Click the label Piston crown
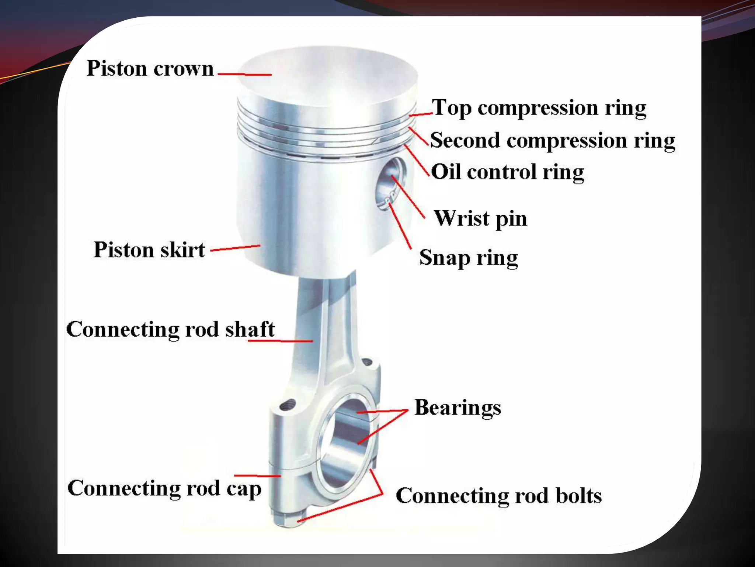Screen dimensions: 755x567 [x=150, y=69]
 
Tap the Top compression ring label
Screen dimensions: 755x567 [x=539, y=108]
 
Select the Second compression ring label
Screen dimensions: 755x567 [x=552, y=141]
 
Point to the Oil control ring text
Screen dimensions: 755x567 [x=507, y=172]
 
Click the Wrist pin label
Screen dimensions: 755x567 [x=480, y=218]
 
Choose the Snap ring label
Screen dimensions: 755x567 [x=468, y=258]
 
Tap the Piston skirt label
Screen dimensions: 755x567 [x=149, y=250]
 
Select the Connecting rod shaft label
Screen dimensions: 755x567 [x=170, y=329]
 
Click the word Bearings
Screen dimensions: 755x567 [x=457, y=408]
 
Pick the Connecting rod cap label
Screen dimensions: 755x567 [x=164, y=488]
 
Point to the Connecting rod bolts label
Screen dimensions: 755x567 [x=498, y=496]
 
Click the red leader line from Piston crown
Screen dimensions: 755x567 [x=245, y=74]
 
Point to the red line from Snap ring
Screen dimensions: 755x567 [x=400, y=225]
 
